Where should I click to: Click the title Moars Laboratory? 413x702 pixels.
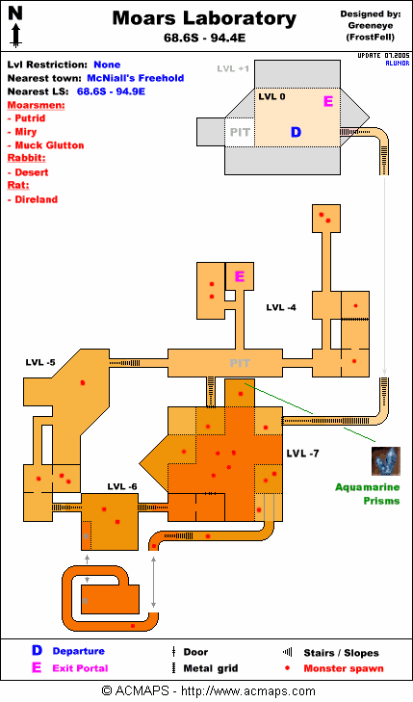coord(204,18)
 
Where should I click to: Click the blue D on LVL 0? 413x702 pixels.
coord(296,132)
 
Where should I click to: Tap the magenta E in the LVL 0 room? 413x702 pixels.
coord(328,102)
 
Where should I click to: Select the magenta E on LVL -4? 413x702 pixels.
coord(240,276)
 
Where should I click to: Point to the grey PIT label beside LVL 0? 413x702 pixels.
coord(240,133)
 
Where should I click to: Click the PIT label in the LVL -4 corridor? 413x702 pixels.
coord(240,363)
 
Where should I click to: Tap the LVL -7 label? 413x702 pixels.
coord(302,454)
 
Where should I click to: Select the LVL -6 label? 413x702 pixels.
coord(122,486)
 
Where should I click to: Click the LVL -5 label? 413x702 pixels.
coord(40,362)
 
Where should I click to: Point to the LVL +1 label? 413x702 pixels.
coord(233,69)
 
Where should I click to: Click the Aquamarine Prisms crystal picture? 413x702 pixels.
coord(386,461)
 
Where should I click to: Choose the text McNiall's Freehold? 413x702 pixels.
coord(135,78)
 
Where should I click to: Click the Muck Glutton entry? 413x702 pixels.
coord(49,145)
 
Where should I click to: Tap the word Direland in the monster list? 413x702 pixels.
coord(37,199)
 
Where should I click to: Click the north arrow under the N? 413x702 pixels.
coord(15,36)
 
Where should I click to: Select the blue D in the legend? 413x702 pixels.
coord(37,651)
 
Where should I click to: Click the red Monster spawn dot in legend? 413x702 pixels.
coord(287,668)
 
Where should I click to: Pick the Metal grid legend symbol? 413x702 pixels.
coord(173,668)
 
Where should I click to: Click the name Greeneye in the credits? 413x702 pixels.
coord(370,26)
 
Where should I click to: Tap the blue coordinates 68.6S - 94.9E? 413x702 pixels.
coord(111,91)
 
